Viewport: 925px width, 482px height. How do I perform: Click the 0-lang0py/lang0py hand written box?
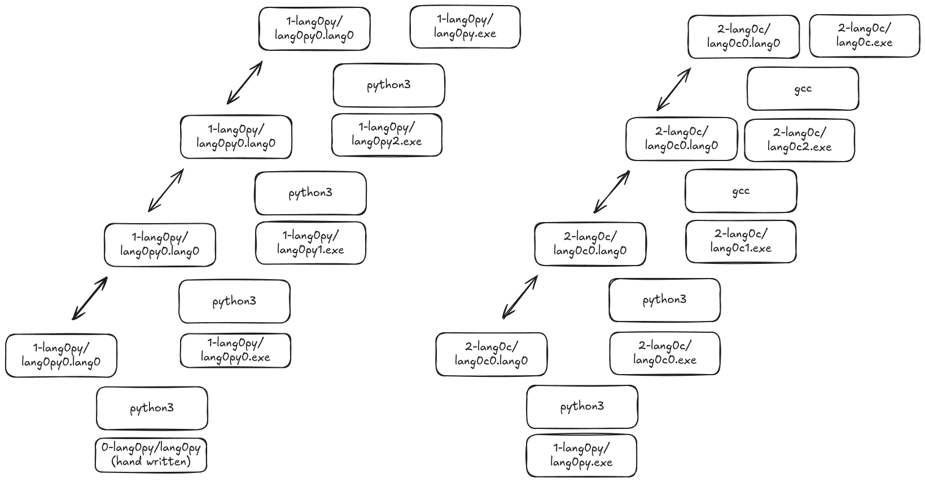point(151,455)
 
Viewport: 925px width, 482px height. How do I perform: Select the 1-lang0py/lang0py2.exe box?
point(387,134)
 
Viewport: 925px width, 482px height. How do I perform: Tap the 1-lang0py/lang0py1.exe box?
point(310,243)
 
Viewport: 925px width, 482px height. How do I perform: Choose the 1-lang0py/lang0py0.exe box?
point(235,350)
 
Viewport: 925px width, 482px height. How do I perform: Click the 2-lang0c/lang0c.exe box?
point(864,36)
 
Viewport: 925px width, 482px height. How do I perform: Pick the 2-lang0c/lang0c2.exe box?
point(799,140)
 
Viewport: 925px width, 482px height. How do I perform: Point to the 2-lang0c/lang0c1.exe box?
point(740,241)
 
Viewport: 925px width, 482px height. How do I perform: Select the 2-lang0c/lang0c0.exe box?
point(664,353)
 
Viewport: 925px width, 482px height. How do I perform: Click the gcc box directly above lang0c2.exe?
point(803,89)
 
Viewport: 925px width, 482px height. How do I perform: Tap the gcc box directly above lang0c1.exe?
point(740,191)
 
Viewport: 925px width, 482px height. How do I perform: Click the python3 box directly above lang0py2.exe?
point(388,85)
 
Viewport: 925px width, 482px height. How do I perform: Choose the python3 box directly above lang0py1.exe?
point(310,193)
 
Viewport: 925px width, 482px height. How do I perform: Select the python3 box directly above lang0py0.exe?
point(234,301)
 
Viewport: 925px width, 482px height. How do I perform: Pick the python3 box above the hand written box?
point(152,408)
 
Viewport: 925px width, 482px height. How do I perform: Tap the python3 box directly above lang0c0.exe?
point(664,299)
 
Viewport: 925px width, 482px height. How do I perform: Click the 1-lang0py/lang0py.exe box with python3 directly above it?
point(581,455)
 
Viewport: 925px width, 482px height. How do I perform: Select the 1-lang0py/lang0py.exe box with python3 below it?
point(465,27)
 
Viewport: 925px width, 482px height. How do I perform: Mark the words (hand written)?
point(151,462)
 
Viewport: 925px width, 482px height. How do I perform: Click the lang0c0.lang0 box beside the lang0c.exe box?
point(743,36)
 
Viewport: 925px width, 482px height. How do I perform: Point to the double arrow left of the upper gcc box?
point(674,89)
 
